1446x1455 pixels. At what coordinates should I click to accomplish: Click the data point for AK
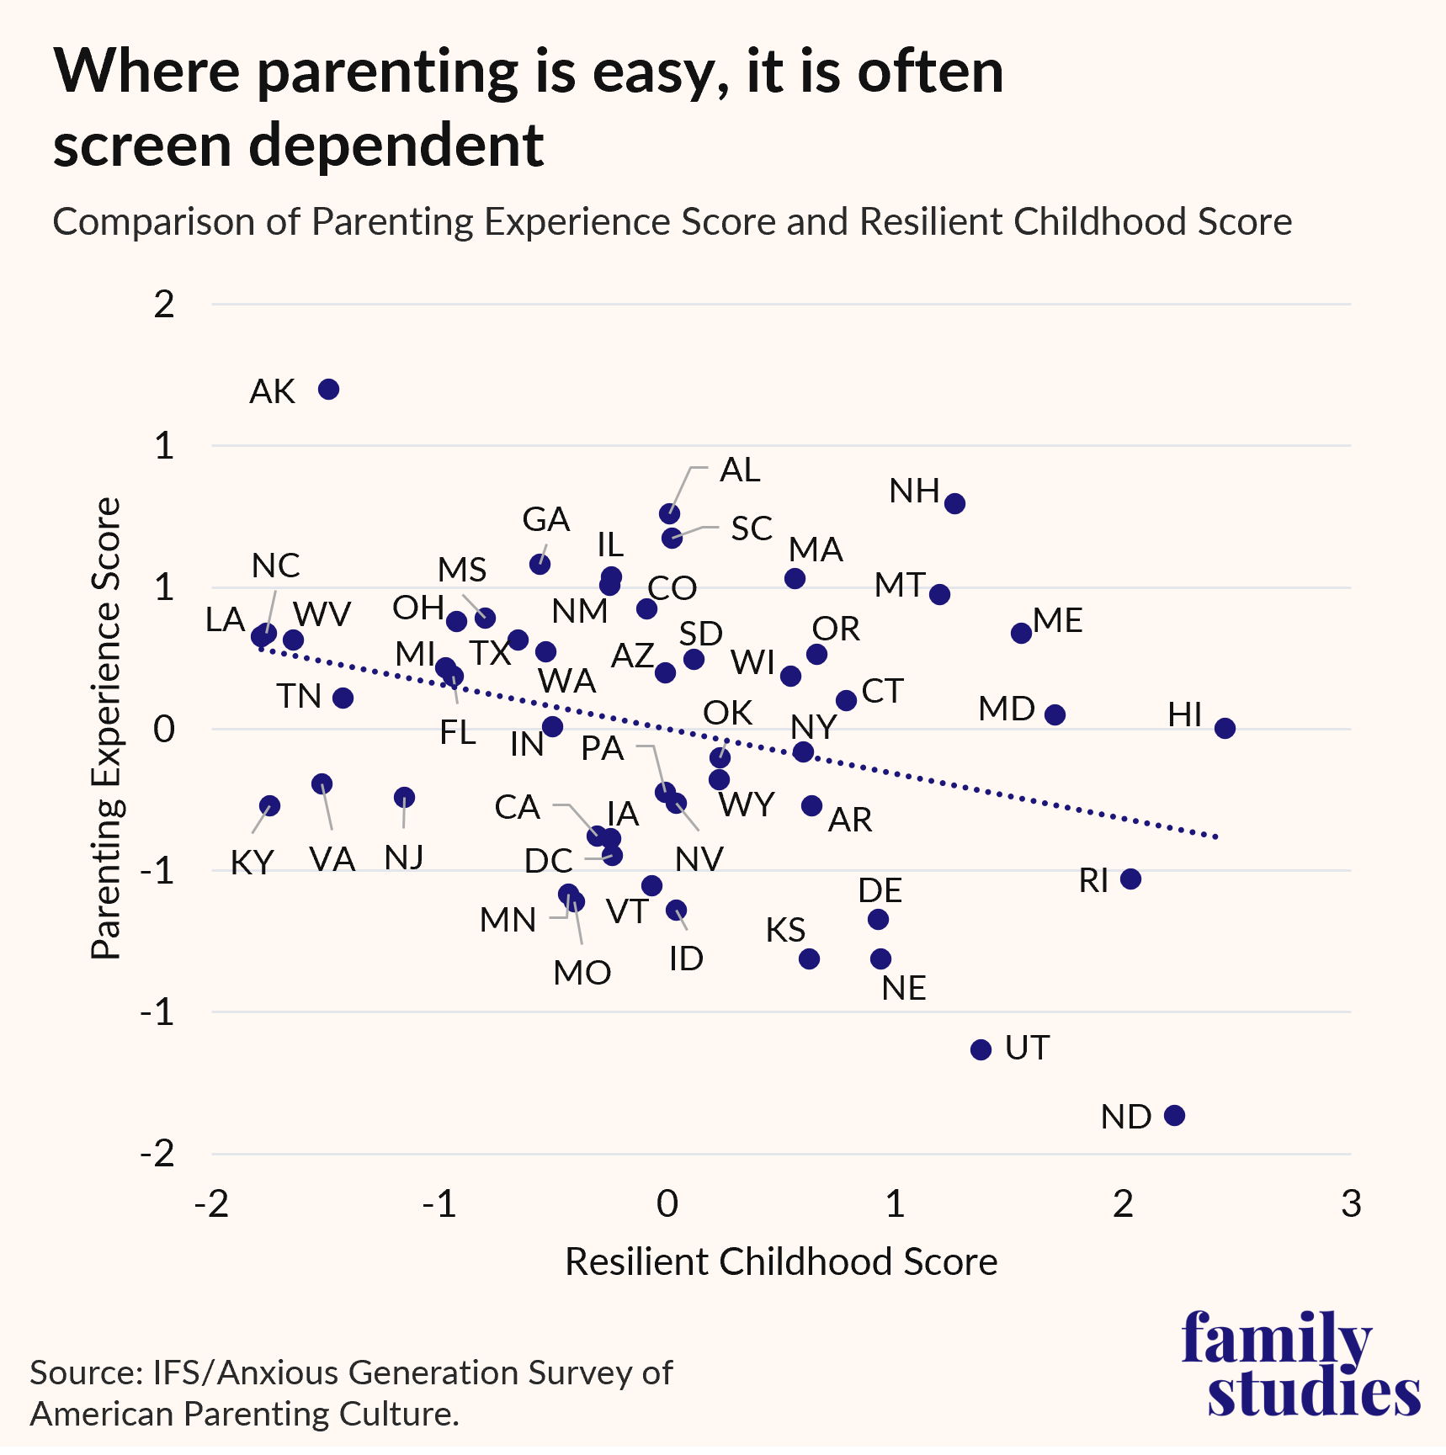[x=328, y=390]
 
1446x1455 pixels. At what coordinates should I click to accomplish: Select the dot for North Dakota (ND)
[x=1174, y=1115]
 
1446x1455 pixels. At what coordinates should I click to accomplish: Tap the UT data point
[x=981, y=1049]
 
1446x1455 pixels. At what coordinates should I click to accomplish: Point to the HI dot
[x=1225, y=728]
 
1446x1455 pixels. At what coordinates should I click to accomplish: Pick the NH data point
[x=954, y=504]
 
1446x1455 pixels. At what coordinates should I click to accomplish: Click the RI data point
[x=1130, y=879]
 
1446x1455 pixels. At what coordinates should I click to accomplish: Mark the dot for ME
[x=1021, y=633]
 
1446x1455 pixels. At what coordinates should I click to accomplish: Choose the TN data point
[x=343, y=698]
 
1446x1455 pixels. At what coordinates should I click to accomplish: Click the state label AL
[x=740, y=470]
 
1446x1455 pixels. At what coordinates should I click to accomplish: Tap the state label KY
[x=252, y=863]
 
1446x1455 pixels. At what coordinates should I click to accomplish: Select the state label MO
[x=582, y=973]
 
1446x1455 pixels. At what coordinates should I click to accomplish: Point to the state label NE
[x=903, y=988]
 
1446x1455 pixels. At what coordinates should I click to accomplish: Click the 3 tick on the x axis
[x=1350, y=1204]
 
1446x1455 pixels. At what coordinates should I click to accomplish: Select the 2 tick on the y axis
[x=164, y=304]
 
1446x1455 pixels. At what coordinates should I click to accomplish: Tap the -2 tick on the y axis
[x=157, y=1153]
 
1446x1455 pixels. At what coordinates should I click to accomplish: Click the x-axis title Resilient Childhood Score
[x=780, y=1261]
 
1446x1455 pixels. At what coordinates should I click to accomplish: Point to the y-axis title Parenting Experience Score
[x=106, y=728]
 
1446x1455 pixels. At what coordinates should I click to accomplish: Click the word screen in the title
[x=142, y=145]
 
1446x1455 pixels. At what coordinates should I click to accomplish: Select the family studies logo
[x=1300, y=1364]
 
